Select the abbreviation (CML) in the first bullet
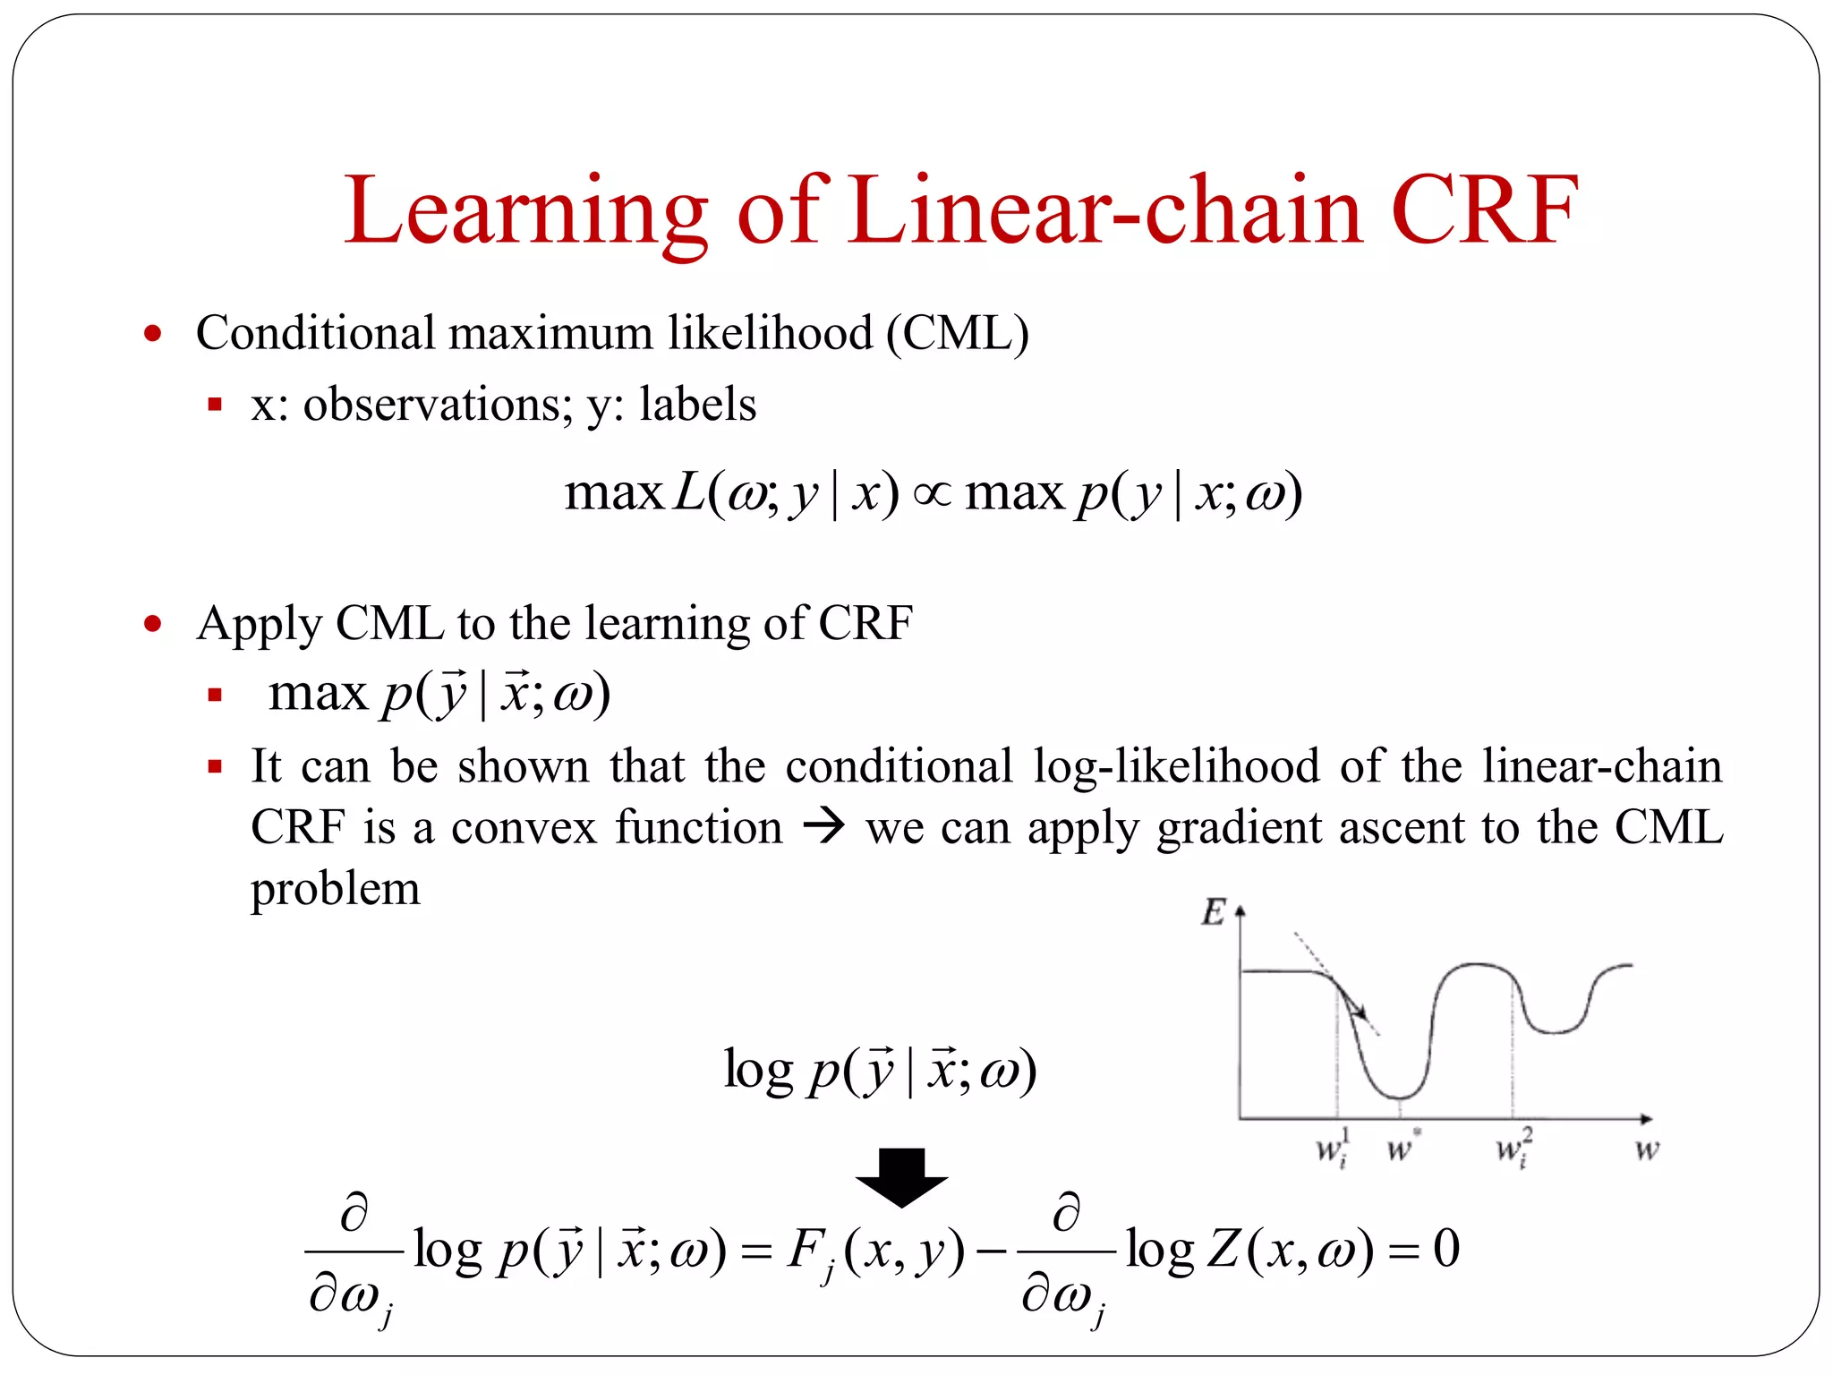[957, 333]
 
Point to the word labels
[697, 405]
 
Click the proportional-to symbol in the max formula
[931, 493]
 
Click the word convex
[524, 827]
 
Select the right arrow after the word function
[823, 825]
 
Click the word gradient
[1239, 827]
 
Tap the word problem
[335, 889]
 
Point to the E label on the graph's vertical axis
[1213, 912]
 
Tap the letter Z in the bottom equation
[1223, 1250]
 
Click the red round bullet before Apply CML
[153, 624]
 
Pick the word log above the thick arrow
[758, 1070]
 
